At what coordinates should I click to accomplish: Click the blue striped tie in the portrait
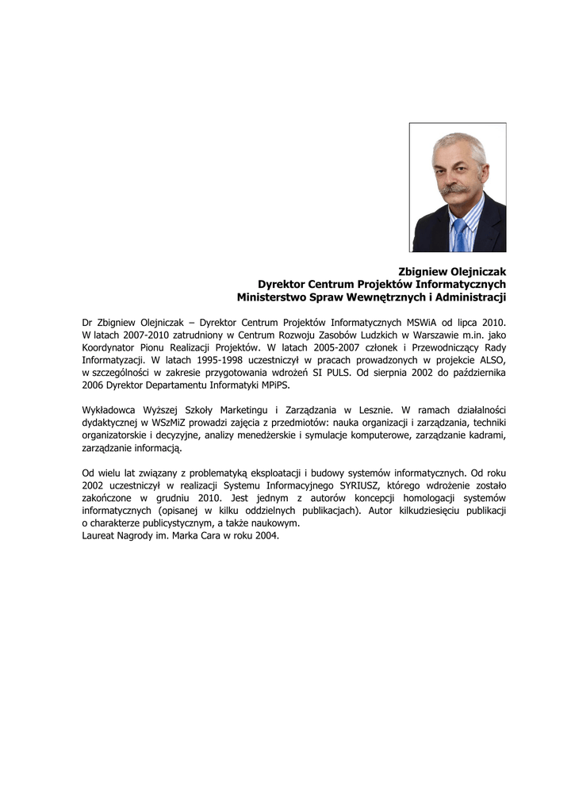[x=460, y=236]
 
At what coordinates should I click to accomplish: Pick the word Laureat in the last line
[x=100, y=535]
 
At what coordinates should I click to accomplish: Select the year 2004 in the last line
[x=266, y=535]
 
